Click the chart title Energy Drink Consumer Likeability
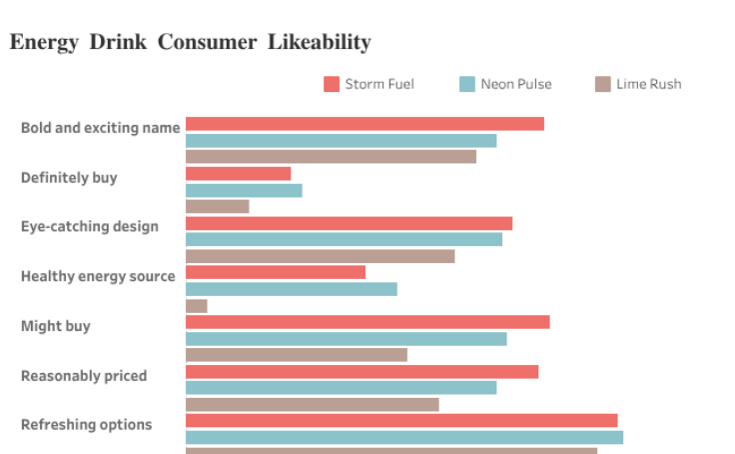click(x=190, y=42)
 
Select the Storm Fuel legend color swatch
click(x=332, y=84)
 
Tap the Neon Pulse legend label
click(x=515, y=84)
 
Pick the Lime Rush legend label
click(x=649, y=84)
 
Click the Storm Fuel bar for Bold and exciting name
click(x=365, y=124)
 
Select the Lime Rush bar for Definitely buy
click(x=217, y=206)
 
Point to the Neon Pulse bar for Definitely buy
click(x=244, y=190)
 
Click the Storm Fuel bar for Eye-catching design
click(x=349, y=223)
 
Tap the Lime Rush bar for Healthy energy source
click(x=197, y=305)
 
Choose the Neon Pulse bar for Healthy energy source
click(x=291, y=289)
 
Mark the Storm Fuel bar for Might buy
click(x=367, y=322)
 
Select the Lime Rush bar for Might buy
click(x=297, y=354)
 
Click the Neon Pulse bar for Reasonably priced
click(x=341, y=388)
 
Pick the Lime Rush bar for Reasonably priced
click(x=313, y=404)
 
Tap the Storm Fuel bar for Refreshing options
click(x=401, y=421)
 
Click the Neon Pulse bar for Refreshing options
click(x=404, y=437)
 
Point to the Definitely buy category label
click(x=69, y=177)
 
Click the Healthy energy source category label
click(x=98, y=276)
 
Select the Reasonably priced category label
click(x=84, y=376)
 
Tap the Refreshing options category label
click(x=87, y=424)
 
